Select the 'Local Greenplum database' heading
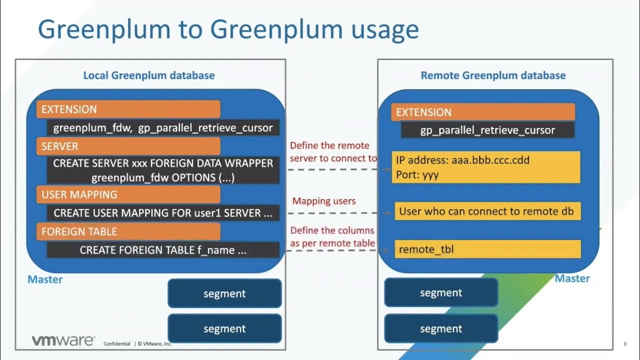click(148, 75)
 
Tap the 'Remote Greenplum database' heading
click(493, 75)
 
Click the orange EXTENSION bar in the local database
click(128, 109)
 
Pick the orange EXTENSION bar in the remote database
click(482, 112)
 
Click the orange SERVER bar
click(128, 146)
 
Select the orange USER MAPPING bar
click(128, 194)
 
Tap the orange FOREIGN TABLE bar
click(128, 231)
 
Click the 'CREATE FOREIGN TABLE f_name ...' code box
click(163, 250)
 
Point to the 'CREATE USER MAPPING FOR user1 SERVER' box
click(163, 213)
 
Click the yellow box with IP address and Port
click(486, 167)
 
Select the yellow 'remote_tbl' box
click(487, 249)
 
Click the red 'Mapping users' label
click(324, 201)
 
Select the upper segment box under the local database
click(224, 293)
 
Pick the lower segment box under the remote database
click(441, 328)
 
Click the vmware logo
click(63, 341)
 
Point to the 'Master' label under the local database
click(45, 279)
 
